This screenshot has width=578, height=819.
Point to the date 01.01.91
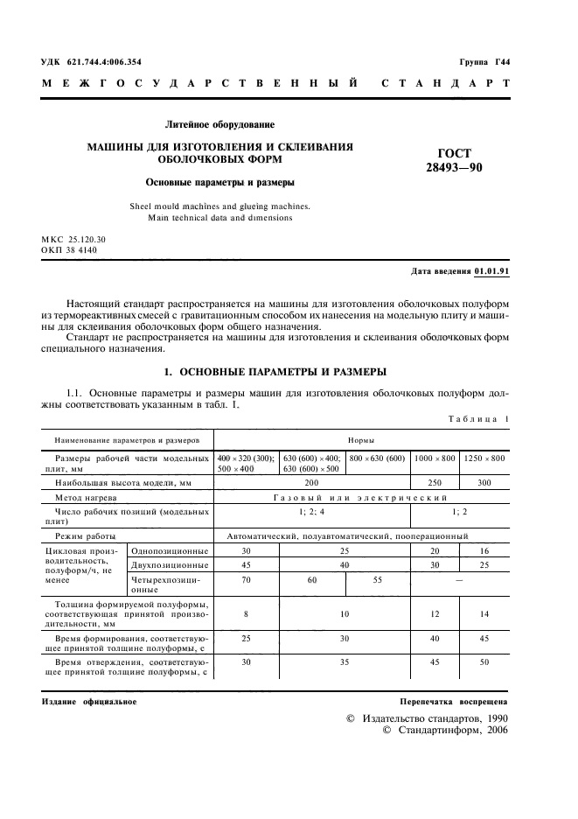491,271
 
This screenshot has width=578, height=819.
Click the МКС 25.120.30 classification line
73,239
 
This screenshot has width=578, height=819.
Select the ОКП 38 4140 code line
69,249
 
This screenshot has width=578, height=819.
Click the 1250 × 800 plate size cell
484,458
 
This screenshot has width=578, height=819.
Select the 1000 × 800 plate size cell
435,458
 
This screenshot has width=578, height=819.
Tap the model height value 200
312,482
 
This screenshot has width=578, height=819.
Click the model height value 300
484,482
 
